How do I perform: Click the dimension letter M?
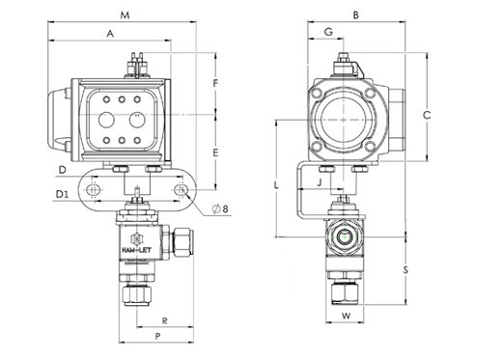pos(125,14)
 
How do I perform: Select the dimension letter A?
pos(110,34)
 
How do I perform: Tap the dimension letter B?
pos(355,14)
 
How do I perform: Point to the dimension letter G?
pos(328,32)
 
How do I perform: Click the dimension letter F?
pos(216,83)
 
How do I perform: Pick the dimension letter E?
pos(215,152)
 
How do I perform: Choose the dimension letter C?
pos(427,115)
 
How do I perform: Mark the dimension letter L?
pos(276,185)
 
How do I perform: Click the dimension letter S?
pos(405,269)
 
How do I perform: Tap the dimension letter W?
pos(346,316)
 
